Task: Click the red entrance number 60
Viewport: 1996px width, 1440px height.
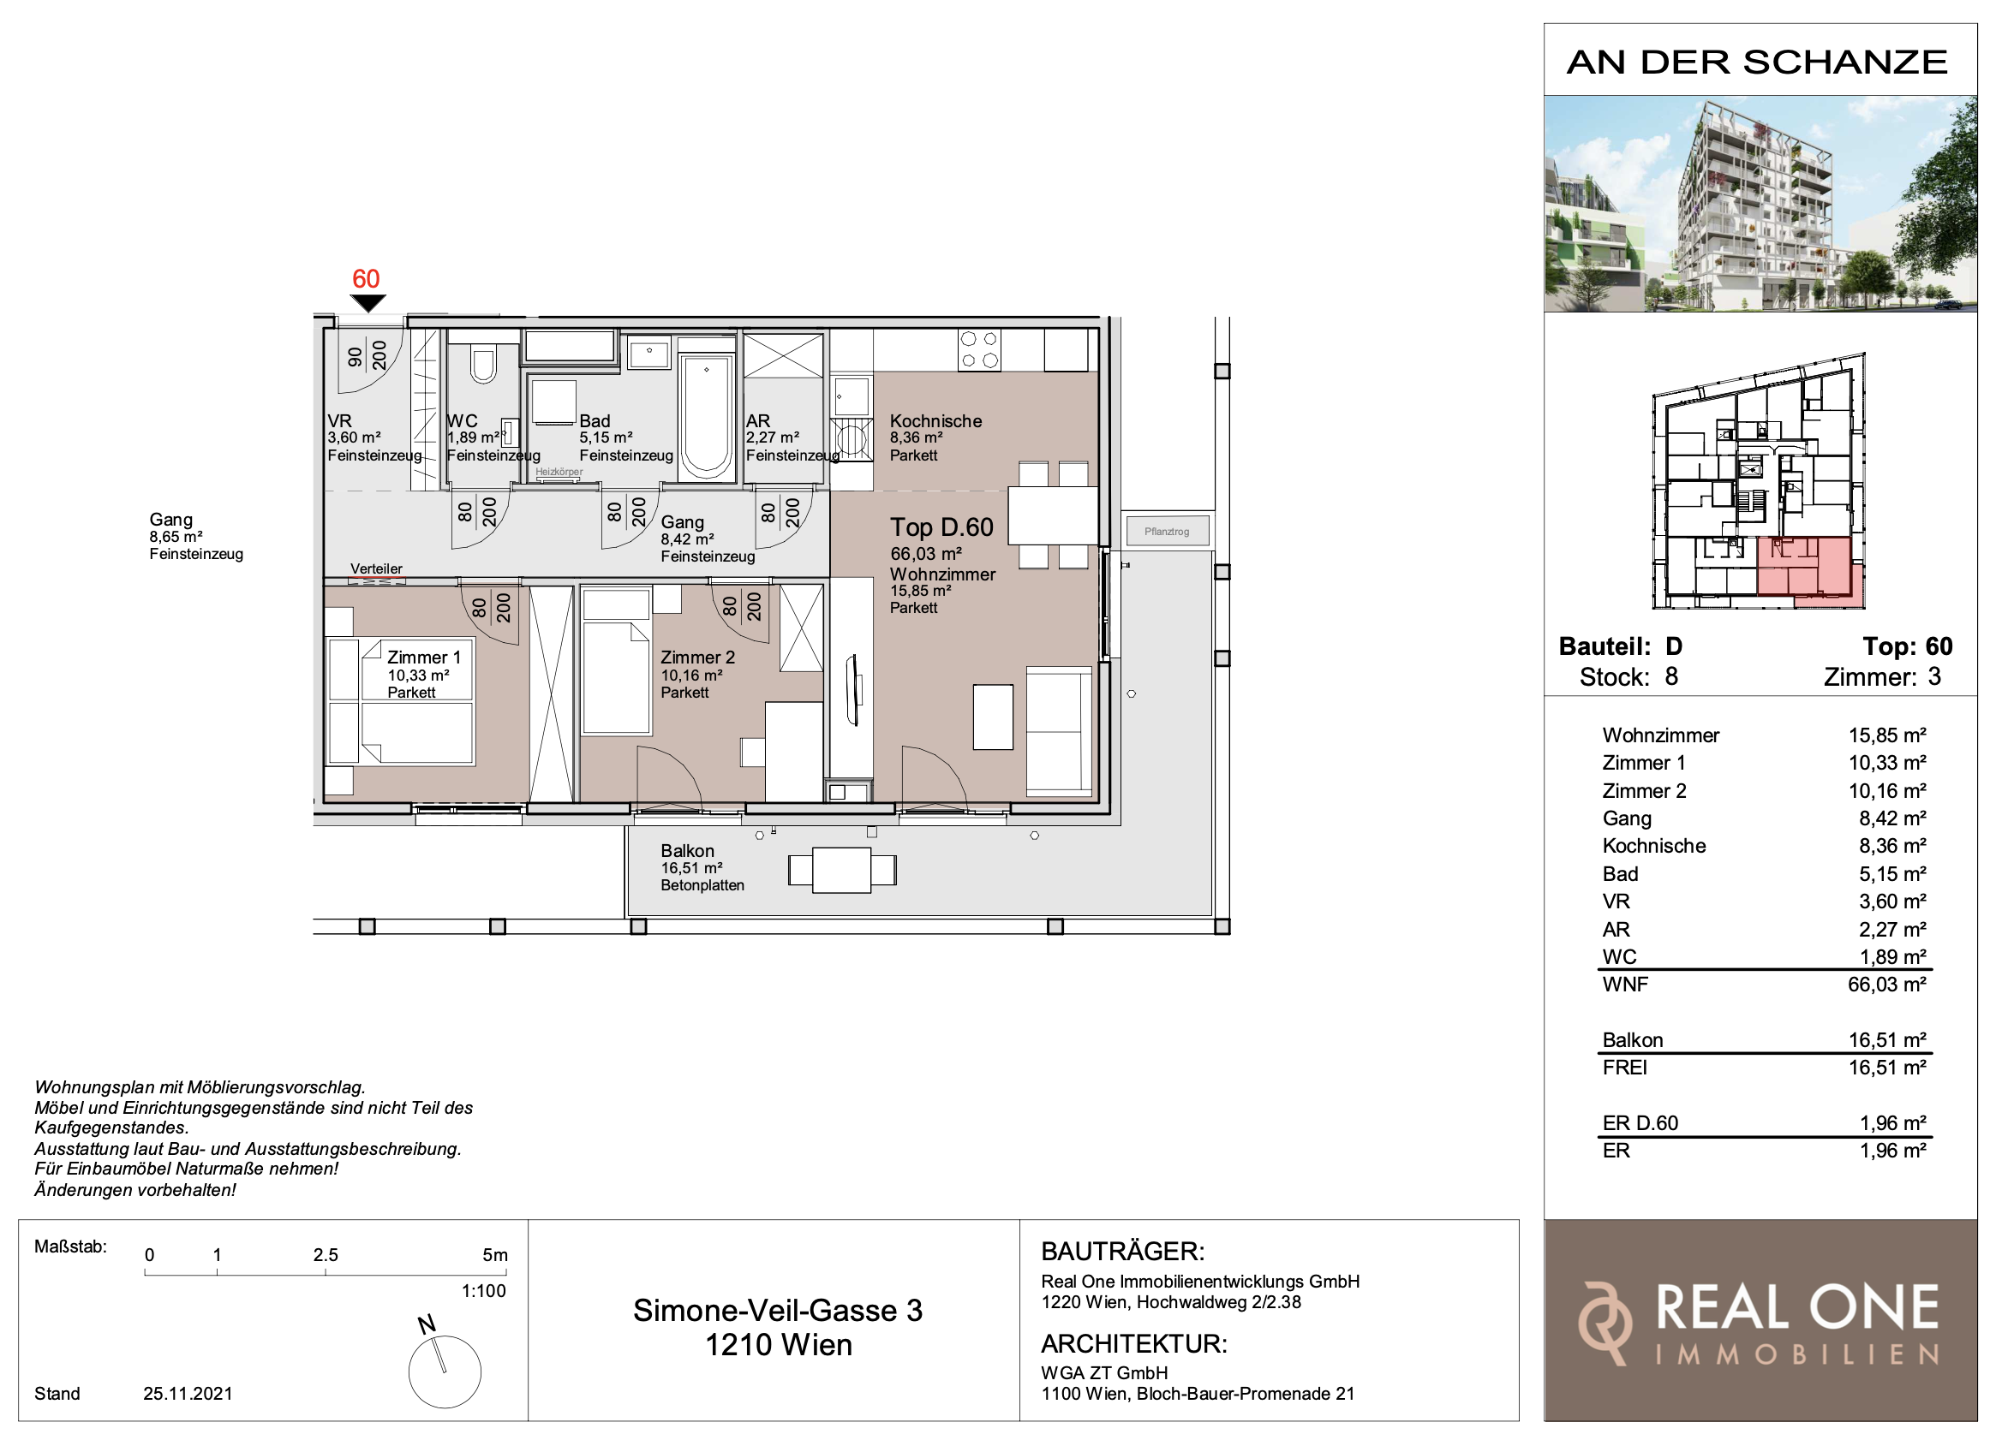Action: click(366, 279)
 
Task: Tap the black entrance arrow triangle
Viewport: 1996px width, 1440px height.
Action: click(368, 303)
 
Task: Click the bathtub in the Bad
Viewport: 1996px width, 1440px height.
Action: click(707, 416)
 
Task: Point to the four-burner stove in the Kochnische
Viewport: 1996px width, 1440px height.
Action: click(979, 350)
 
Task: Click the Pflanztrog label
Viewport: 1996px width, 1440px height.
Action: click(1167, 532)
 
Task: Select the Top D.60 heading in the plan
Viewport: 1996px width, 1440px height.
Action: click(941, 527)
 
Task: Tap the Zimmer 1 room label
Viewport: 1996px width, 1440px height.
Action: click(424, 658)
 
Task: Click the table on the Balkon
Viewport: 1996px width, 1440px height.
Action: click(842, 870)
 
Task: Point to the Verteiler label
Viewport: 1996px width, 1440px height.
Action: click(377, 568)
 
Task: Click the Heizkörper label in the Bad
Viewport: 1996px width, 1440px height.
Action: click(559, 473)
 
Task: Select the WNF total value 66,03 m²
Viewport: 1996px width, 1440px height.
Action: click(1887, 985)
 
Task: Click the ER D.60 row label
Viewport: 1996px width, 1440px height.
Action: click(1640, 1122)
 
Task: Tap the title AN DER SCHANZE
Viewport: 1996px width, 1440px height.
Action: click(1758, 62)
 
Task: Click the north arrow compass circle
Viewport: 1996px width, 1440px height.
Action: click(445, 1372)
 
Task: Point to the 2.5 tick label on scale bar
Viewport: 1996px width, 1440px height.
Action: click(326, 1255)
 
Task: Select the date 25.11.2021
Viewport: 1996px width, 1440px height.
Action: click(188, 1394)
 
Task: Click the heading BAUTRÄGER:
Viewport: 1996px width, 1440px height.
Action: click(1123, 1251)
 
